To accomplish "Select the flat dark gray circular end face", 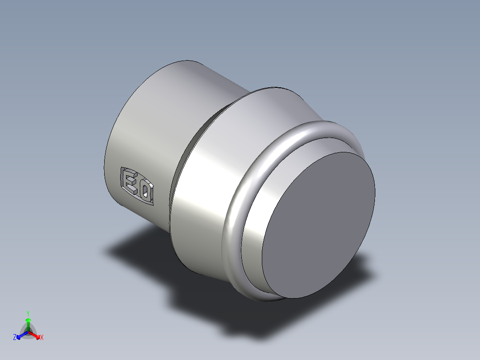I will click(318, 225).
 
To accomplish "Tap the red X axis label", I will click(41, 338).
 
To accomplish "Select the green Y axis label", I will click(28, 313).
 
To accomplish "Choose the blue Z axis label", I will click(15, 338).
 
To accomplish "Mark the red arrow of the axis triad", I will click(36, 335).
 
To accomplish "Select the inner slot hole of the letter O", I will click(146, 192).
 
